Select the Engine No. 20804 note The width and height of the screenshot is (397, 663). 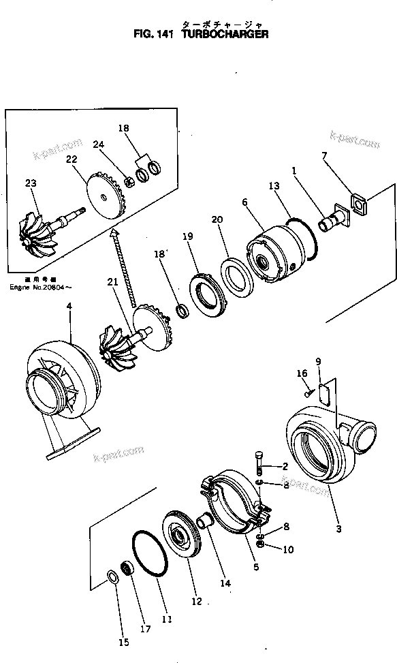coord(39,288)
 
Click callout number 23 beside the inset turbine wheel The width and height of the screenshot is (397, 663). coord(30,183)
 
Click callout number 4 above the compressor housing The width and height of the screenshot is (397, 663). coord(68,307)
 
